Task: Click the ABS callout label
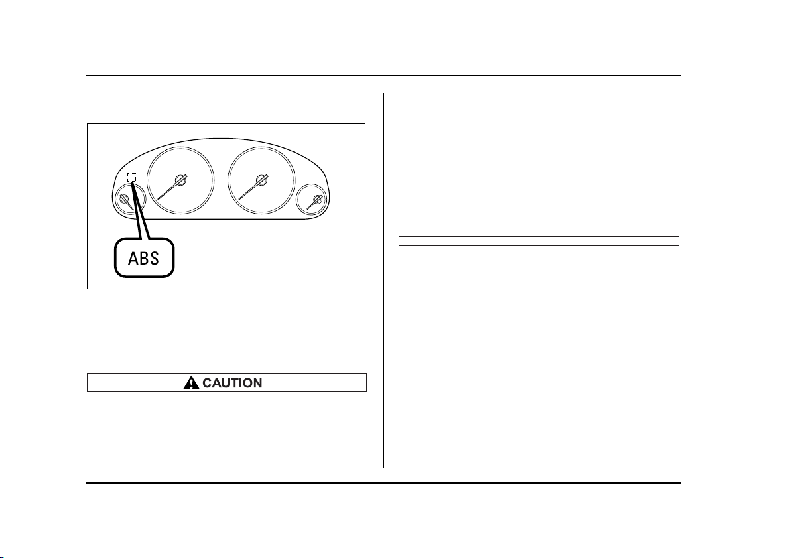click(x=144, y=258)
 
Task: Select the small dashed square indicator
click(x=131, y=177)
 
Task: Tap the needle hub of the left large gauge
click(x=180, y=180)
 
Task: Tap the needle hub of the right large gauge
click(x=261, y=180)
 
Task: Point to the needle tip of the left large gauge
click(x=159, y=200)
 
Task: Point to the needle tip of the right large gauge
click(x=239, y=200)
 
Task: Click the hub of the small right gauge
click(x=317, y=199)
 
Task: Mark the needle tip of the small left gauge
click(x=133, y=210)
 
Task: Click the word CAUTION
click(x=232, y=383)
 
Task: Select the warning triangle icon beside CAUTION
click(x=191, y=383)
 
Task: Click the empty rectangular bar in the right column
click(x=539, y=241)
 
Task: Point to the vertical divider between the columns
click(x=384, y=280)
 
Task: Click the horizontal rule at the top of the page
click(x=383, y=76)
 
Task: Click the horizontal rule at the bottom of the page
click(x=383, y=484)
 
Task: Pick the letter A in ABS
click(x=133, y=259)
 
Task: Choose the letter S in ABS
click(x=154, y=259)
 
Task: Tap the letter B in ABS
click(x=143, y=259)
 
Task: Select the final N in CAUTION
click(x=257, y=383)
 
